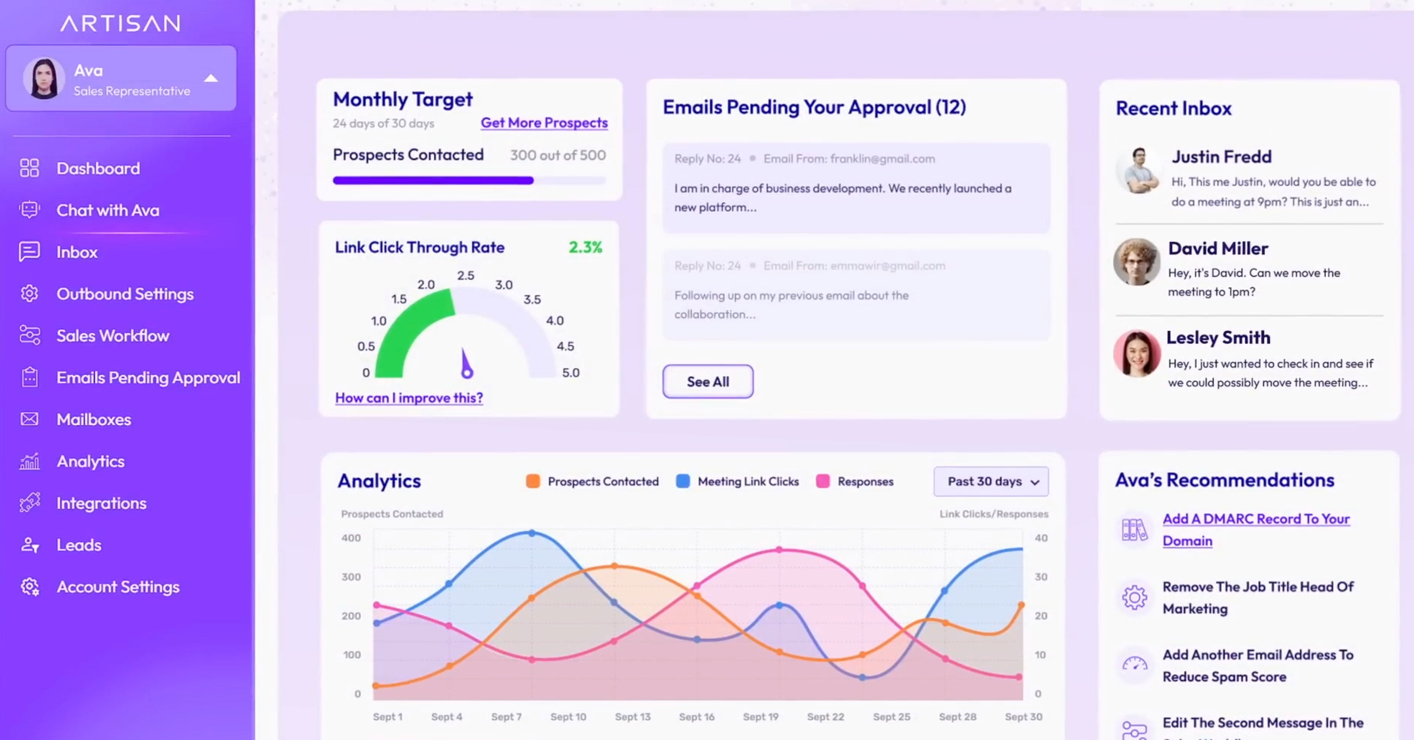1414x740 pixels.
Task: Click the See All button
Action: point(707,381)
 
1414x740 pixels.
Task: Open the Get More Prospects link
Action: point(544,123)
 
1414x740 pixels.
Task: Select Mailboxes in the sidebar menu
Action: point(94,420)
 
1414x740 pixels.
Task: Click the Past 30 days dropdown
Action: point(991,482)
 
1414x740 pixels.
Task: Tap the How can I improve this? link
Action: point(409,398)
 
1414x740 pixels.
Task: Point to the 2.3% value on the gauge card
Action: point(585,248)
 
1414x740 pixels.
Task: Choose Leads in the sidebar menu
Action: point(79,545)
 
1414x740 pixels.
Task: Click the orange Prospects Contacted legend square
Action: point(532,482)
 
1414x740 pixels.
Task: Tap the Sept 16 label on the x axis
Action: point(697,717)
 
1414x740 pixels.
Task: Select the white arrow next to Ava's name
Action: point(211,78)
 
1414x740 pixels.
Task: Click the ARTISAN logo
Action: point(120,23)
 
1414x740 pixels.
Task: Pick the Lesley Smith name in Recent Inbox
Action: point(1218,337)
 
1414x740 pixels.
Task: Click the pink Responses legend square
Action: point(822,482)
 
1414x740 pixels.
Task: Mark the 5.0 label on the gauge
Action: point(571,373)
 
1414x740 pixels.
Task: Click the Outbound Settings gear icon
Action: point(30,294)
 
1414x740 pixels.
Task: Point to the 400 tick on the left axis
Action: point(351,538)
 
